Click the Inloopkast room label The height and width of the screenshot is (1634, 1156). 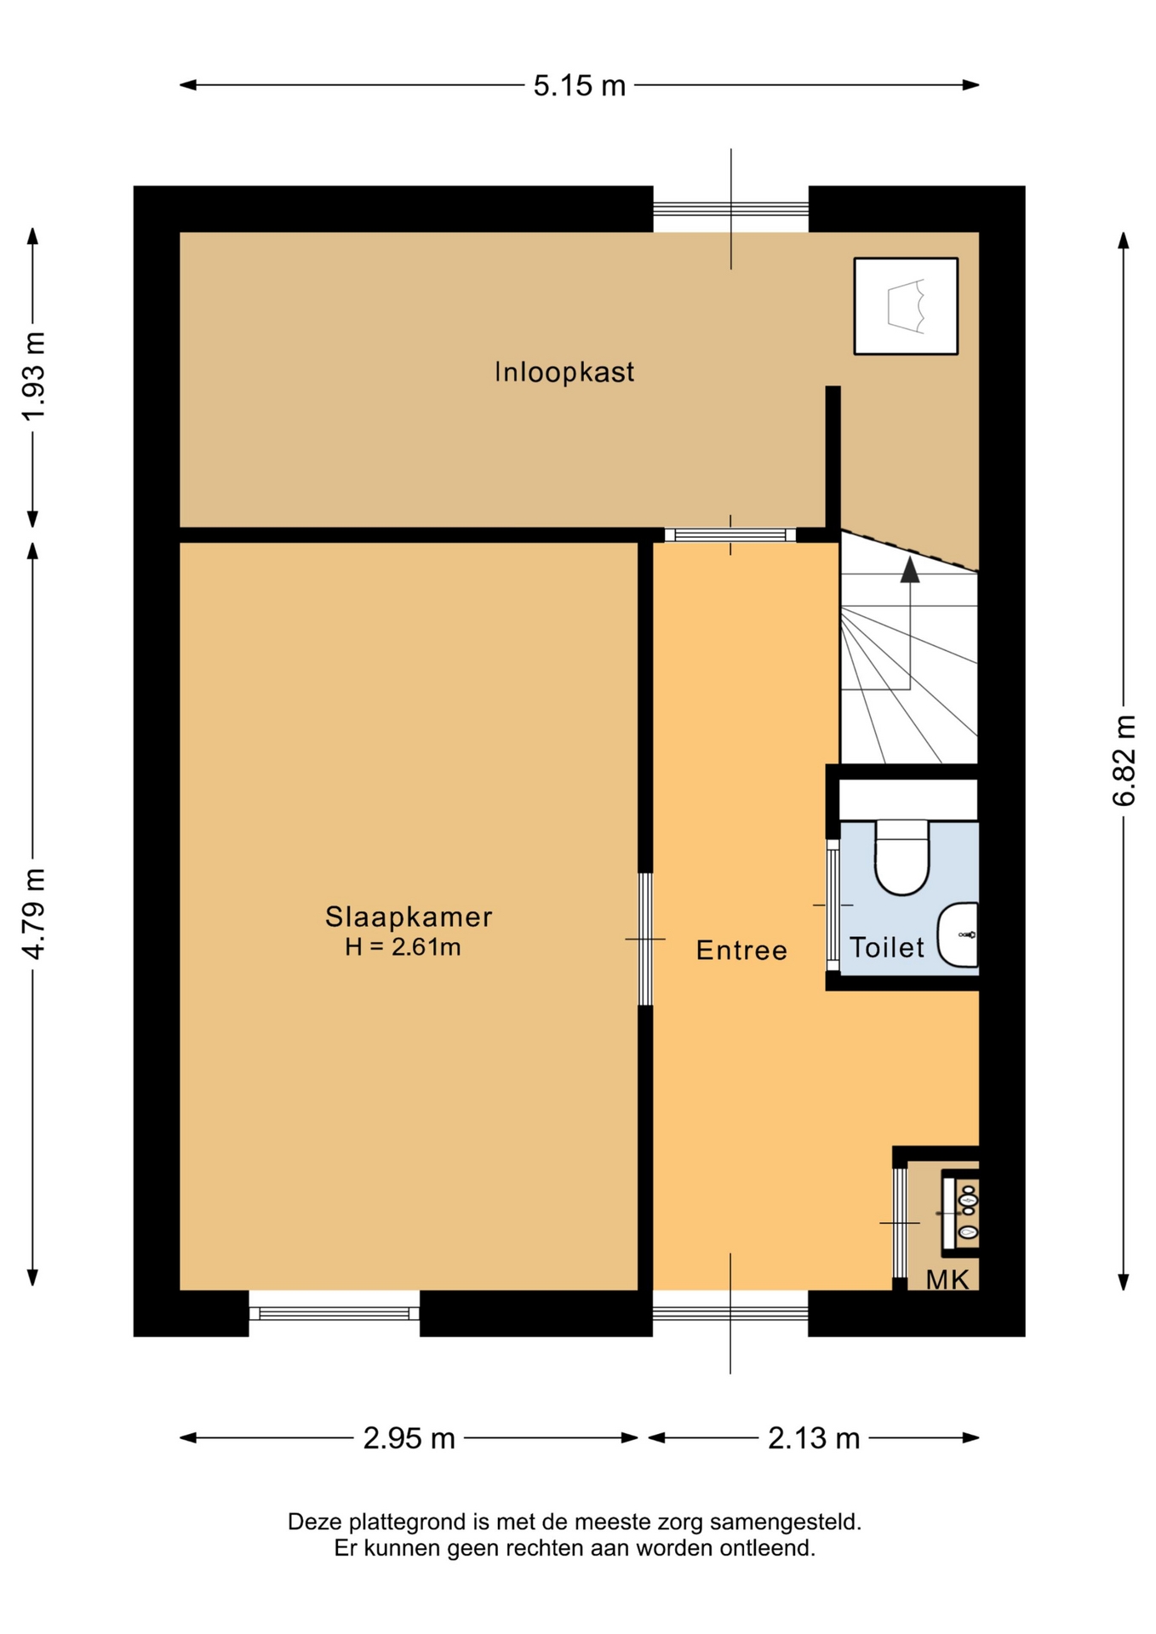tap(564, 372)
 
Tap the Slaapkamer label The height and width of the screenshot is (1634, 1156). tap(409, 917)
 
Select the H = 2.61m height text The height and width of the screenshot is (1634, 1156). tap(403, 947)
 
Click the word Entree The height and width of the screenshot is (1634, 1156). tap(741, 950)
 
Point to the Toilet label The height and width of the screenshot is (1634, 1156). tap(887, 947)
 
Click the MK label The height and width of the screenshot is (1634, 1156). tap(947, 1279)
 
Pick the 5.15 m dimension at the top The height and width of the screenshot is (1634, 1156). tap(580, 85)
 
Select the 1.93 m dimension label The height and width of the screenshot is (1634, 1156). tap(33, 375)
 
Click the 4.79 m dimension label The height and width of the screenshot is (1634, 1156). tap(33, 913)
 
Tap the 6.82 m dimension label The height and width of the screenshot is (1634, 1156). tap(1124, 760)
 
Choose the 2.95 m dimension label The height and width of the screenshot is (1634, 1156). tap(409, 1438)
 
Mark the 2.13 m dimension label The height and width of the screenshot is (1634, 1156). tap(814, 1438)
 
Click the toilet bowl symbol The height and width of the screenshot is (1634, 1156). tap(901, 857)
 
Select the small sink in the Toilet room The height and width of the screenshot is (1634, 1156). tap(958, 934)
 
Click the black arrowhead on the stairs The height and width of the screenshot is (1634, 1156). tap(910, 570)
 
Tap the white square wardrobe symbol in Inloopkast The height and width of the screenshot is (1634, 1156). tap(906, 306)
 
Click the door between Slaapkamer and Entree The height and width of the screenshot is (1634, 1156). tap(645, 939)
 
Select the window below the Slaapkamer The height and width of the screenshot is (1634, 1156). tap(334, 1313)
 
